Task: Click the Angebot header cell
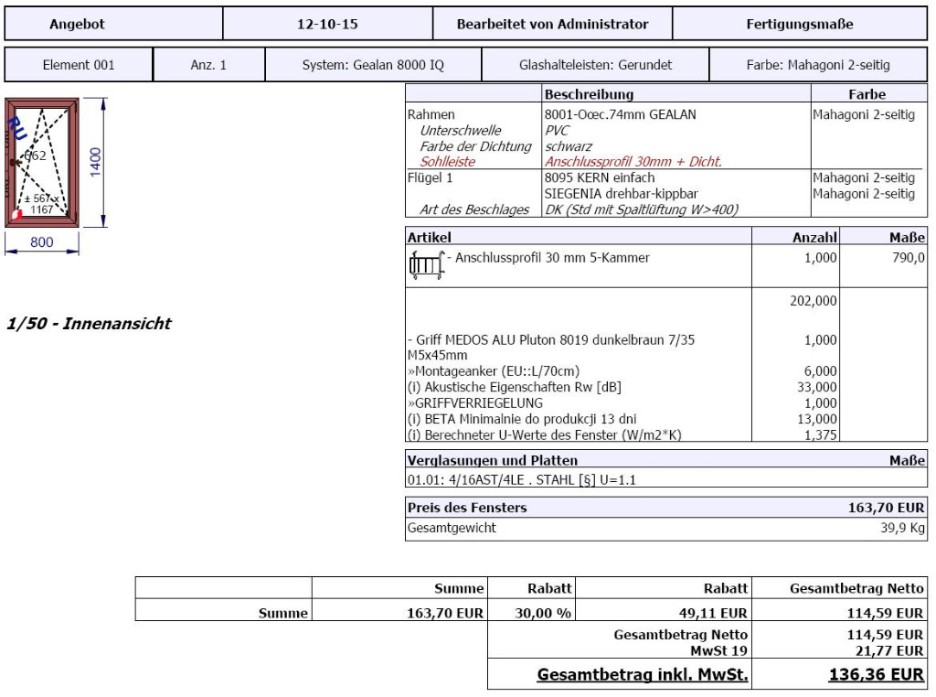point(77,25)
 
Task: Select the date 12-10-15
point(327,25)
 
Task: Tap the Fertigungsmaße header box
point(800,25)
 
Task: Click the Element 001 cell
point(79,65)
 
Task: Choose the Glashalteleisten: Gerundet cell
point(595,65)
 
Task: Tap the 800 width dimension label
point(42,243)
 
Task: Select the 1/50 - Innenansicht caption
point(88,324)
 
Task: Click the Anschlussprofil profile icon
point(425,264)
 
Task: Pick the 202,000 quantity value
point(814,300)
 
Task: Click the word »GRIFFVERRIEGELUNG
point(475,402)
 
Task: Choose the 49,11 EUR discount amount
point(720,613)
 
